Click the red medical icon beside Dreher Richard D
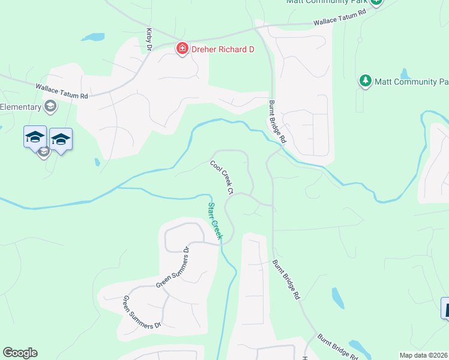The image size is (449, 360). pyautogui.click(x=181, y=49)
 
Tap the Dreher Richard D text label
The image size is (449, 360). pyautogui.click(x=222, y=49)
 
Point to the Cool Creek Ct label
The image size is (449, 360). pyautogui.click(x=221, y=177)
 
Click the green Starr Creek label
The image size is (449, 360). pyautogui.click(x=214, y=221)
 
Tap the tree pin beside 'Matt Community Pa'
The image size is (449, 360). pyautogui.click(x=365, y=81)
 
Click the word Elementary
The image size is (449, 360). pyautogui.click(x=20, y=107)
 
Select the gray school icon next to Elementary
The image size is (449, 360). pyautogui.click(x=50, y=107)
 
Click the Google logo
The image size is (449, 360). pyautogui.click(x=20, y=353)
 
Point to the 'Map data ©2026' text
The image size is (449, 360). pyautogui.click(x=424, y=355)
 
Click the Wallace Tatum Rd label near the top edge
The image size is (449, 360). pyautogui.click(x=339, y=17)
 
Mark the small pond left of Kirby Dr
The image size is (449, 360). pyautogui.click(x=93, y=37)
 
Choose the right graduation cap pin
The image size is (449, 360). pyautogui.click(x=61, y=139)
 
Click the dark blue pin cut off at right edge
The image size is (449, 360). pyautogui.click(x=445, y=308)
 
